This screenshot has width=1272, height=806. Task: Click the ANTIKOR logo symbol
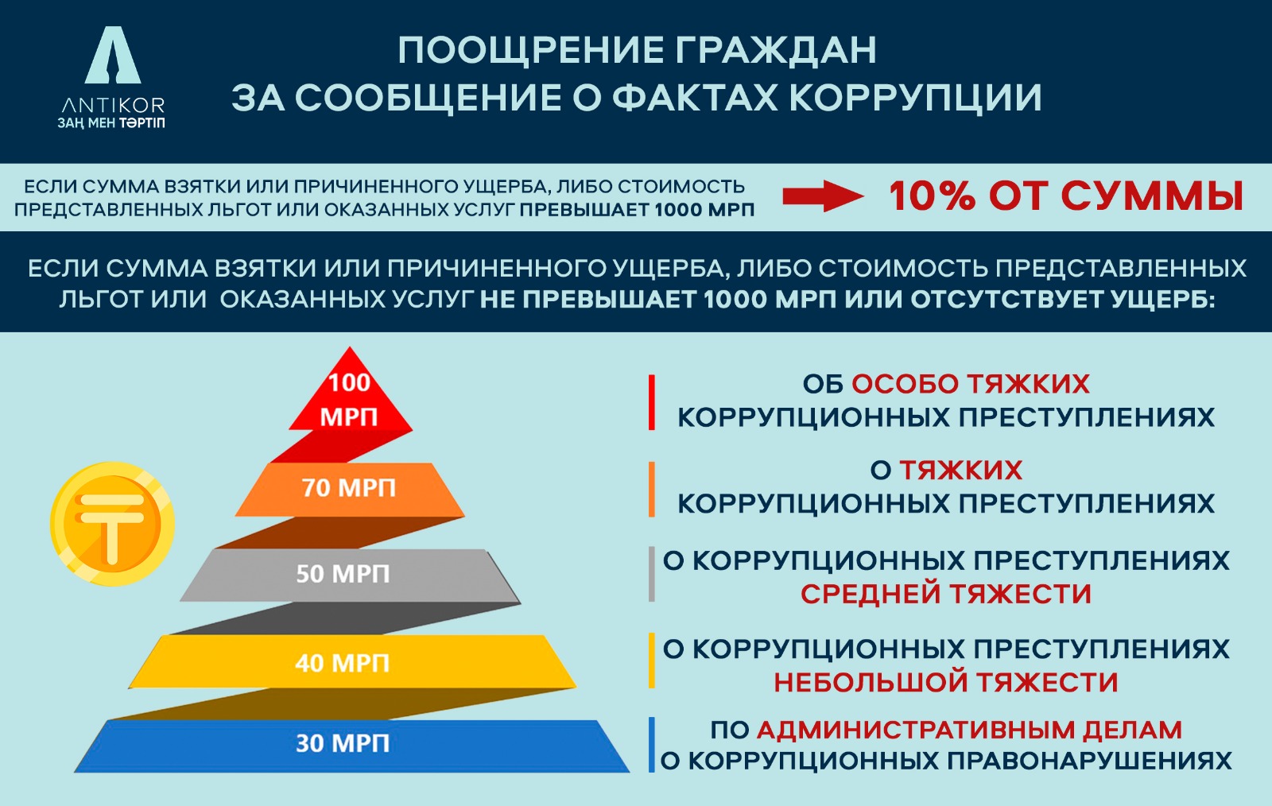click(113, 56)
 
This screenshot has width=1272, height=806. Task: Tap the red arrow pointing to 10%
click(822, 196)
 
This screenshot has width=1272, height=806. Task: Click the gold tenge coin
click(111, 525)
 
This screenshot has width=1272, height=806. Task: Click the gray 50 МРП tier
click(343, 574)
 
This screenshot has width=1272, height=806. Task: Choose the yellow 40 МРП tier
click(343, 662)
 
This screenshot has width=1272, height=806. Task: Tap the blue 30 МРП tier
click(343, 744)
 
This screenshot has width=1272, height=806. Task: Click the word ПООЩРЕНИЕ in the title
click(529, 50)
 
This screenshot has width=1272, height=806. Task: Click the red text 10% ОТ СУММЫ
click(1065, 196)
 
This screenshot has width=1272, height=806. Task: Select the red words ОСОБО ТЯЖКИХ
click(970, 384)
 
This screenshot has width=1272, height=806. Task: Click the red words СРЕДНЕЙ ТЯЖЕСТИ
click(945, 594)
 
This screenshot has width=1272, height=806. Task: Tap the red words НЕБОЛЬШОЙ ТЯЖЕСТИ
click(945, 682)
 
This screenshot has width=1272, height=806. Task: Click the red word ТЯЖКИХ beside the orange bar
click(960, 471)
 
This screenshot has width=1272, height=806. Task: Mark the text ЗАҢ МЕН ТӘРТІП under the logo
click(111, 123)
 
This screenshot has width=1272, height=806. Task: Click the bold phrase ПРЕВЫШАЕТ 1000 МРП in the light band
click(637, 210)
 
